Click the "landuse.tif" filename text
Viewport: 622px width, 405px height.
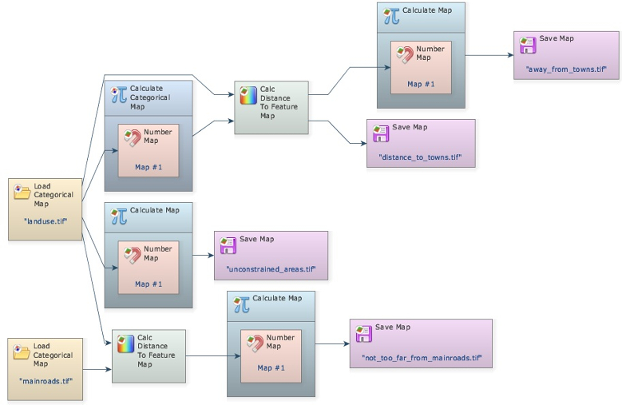pos(46,221)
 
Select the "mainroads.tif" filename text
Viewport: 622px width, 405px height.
pos(46,381)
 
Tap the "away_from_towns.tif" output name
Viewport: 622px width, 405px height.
pos(567,69)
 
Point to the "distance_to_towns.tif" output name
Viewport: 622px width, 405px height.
pos(420,157)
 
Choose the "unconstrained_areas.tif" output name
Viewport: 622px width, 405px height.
pos(270,269)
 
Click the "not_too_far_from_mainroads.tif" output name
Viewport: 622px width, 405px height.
pos(420,357)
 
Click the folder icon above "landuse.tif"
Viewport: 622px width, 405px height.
pos(22,192)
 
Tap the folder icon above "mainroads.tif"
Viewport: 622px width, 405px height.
pos(22,351)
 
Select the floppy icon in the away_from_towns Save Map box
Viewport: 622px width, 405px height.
pos(527,45)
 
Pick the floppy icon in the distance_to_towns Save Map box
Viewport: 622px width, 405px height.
pos(380,133)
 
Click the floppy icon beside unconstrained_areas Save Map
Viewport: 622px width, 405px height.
pos(228,244)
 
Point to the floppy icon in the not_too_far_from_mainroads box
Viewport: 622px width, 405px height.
pos(364,333)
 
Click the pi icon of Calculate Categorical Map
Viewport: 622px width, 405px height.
pos(119,93)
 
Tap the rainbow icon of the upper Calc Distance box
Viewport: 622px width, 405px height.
pos(248,97)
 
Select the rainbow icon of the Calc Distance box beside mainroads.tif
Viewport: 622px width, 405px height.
pos(126,344)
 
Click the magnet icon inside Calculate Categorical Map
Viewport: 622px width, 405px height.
pos(133,137)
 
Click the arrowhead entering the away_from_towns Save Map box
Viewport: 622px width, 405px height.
pos(510,56)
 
